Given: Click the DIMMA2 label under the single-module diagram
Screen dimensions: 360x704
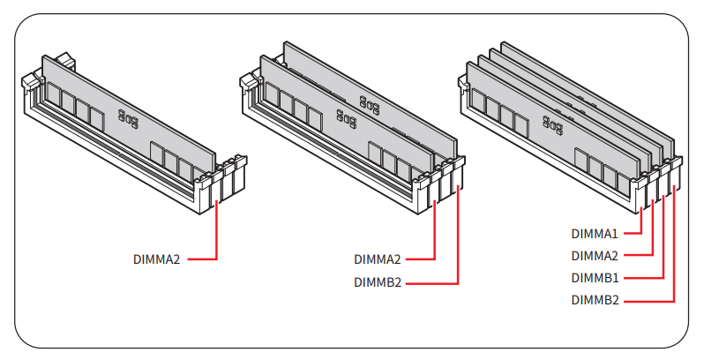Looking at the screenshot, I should (x=157, y=259).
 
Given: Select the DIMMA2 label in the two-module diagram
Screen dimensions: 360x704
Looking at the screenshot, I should (x=378, y=259).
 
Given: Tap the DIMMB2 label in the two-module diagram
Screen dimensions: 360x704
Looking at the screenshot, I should (x=378, y=283).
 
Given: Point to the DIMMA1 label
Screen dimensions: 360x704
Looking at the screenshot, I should (x=595, y=234).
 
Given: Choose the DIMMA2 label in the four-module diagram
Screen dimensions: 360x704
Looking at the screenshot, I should (x=595, y=256).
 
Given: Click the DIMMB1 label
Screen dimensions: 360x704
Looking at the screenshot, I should (x=595, y=278).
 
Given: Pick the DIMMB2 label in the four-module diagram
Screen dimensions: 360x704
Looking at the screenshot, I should (x=595, y=300).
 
